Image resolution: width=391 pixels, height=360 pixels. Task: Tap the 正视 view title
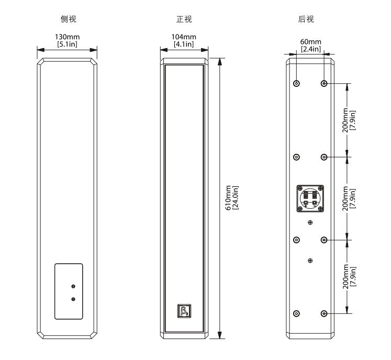(184, 19)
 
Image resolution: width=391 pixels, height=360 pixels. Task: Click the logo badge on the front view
(184, 311)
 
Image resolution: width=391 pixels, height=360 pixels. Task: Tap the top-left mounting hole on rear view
(297, 83)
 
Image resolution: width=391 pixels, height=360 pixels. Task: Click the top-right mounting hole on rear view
(325, 83)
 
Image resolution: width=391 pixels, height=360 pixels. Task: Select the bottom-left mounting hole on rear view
(297, 313)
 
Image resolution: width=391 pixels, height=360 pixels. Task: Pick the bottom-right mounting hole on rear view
(325, 313)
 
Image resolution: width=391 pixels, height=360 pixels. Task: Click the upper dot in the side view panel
(73, 286)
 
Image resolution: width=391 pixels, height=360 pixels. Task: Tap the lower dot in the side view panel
(73, 299)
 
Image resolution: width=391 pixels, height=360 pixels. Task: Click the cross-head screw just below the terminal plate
(310, 223)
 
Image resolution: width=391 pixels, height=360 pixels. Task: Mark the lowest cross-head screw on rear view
(310, 261)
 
